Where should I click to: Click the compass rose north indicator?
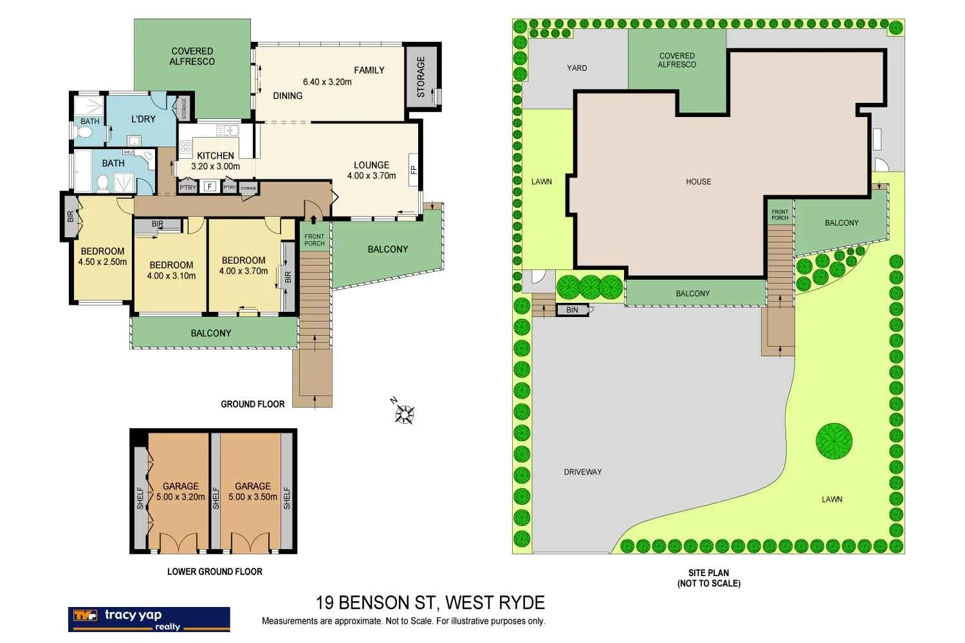405,412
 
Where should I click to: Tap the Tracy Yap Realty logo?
149,619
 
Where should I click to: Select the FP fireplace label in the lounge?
414,170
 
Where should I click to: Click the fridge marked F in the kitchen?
208,187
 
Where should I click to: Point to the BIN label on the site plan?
572,310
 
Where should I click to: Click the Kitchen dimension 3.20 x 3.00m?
216,166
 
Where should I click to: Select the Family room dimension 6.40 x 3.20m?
327,82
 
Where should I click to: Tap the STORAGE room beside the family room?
421,77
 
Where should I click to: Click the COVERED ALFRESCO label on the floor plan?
192,56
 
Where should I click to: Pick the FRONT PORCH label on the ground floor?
315,240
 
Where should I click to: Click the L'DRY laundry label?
143,119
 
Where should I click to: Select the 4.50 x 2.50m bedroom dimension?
102,262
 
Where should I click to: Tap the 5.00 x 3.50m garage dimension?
253,496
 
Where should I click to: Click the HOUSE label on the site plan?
698,182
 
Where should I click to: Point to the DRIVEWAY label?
582,472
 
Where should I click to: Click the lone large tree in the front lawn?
834,441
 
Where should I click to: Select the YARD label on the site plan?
576,68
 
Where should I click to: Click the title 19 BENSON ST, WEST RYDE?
430,602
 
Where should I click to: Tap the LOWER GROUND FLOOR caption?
214,571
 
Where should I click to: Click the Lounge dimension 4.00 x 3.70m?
371,176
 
